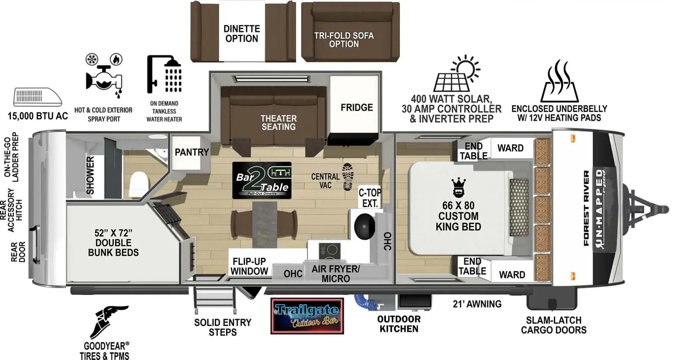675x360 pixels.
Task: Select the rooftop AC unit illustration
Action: click(x=38, y=97)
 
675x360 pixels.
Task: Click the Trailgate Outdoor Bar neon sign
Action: click(x=307, y=316)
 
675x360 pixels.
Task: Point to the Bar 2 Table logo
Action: click(x=262, y=180)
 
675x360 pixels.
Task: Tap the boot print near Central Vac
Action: click(x=348, y=176)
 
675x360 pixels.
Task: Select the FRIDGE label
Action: click(x=356, y=108)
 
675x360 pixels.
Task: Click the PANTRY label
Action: click(x=192, y=152)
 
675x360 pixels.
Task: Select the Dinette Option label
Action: click(x=241, y=33)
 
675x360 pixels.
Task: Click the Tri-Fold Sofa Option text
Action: click(x=344, y=40)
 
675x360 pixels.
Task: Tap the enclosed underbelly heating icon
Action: click(x=559, y=80)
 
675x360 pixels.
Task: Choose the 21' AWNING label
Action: click(x=477, y=304)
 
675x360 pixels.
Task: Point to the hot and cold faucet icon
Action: click(x=104, y=76)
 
